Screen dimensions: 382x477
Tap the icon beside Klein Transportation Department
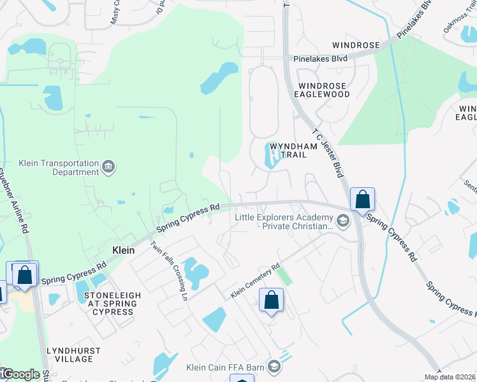pyautogui.click(x=108, y=167)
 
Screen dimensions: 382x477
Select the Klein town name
pyautogui.click(x=123, y=250)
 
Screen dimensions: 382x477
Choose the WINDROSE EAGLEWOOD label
pyautogui.click(x=324, y=90)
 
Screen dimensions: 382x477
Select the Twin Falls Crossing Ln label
pyautogui.click(x=168, y=271)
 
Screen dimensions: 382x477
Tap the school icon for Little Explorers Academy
pyautogui.click(x=343, y=221)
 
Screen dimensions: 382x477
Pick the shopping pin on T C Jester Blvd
pyautogui.click(x=362, y=200)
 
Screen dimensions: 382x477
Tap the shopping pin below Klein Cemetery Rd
pyautogui.click(x=271, y=299)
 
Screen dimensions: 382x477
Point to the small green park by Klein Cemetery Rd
pyautogui.click(x=284, y=276)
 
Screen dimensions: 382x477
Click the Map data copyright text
pyautogui.click(x=450, y=377)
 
